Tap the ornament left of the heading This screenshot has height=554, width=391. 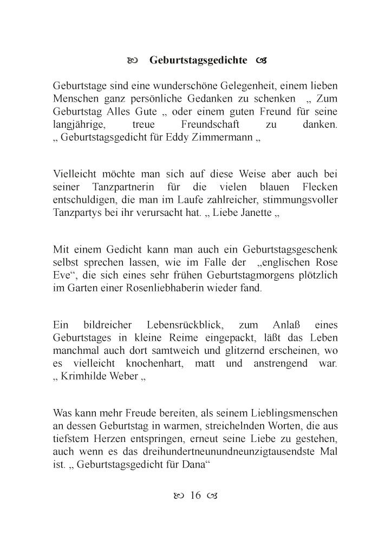(x=133, y=60)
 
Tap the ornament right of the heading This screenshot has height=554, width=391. (x=260, y=60)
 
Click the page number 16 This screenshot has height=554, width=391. (x=196, y=496)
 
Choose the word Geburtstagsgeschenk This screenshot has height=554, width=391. (x=292, y=250)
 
